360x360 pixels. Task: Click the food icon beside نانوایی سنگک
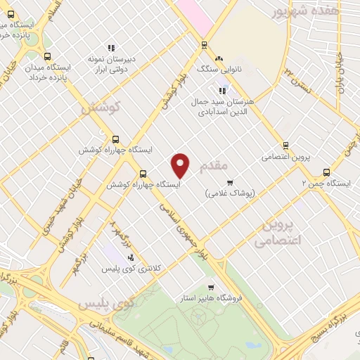pos(219,58)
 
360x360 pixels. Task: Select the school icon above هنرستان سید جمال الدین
pos(223,90)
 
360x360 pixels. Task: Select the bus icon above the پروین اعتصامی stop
pos(285,146)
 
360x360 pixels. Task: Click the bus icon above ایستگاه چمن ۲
pos(326,172)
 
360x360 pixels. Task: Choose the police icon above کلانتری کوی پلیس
pos(131,257)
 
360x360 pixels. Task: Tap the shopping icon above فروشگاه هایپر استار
pos(211,287)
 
